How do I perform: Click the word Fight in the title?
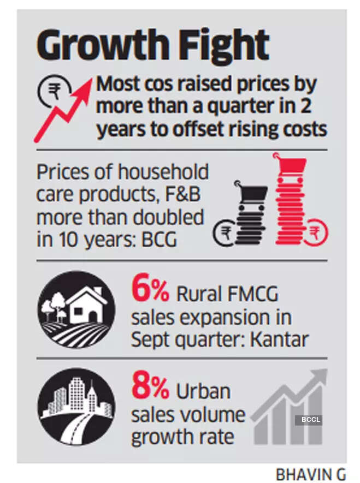(229, 46)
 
